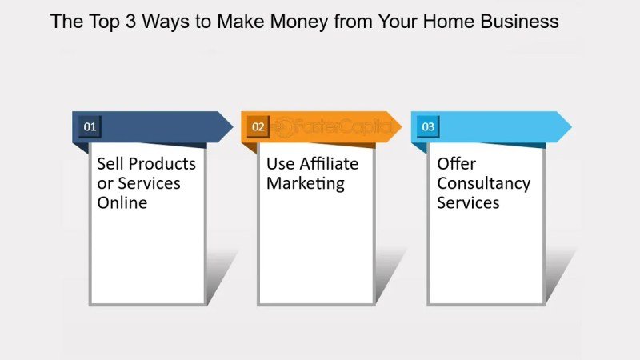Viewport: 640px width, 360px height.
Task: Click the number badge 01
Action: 89,126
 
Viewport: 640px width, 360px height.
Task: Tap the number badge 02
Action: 258,126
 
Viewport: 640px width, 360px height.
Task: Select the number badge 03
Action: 428,126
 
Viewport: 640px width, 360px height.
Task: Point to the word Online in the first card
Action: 122,203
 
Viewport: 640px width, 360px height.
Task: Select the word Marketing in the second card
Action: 305,184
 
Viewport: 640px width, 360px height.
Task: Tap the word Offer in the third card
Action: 456,164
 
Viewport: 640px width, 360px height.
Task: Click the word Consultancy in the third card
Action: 483,184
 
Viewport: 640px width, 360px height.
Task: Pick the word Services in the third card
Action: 468,203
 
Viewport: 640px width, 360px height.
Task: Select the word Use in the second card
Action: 281,164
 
